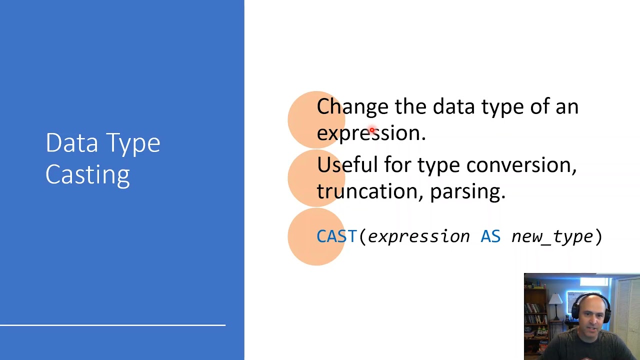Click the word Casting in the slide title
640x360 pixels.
pos(87,175)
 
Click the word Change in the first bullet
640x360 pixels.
pos(352,106)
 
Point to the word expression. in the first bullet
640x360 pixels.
pos(370,133)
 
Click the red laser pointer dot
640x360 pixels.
pos(372,130)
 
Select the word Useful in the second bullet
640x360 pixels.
pos(347,164)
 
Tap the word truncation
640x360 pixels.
pos(370,191)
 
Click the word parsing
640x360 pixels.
pos(467,191)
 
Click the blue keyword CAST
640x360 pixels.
pos(336,236)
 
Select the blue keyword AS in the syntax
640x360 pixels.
pos(490,236)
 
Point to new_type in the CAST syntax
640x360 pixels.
pos(551,236)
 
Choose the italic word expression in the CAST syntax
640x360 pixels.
pos(418,236)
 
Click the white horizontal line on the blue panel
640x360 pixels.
pos(112,325)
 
